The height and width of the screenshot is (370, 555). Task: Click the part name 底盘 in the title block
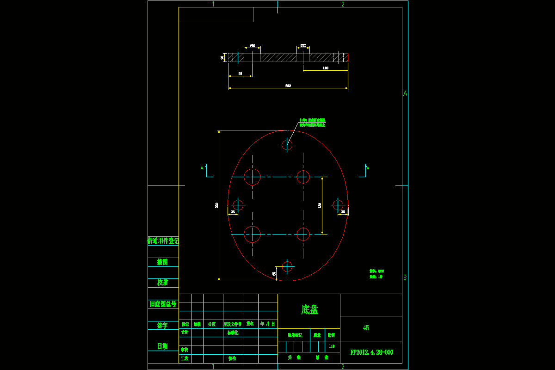(x=309, y=310)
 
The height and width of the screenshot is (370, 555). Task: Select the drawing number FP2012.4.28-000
(x=372, y=352)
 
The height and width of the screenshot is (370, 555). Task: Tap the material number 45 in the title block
(x=366, y=328)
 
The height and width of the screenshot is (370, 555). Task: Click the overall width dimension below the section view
(x=288, y=86)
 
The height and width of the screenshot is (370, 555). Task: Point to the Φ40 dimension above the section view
(x=252, y=45)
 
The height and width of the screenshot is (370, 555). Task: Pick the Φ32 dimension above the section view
(x=303, y=45)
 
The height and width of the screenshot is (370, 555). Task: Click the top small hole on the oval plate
(x=287, y=145)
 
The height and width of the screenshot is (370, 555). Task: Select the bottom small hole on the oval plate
(x=287, y=266)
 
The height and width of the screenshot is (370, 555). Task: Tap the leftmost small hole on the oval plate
(x=238, y=205)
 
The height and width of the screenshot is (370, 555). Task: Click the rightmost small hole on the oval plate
(x=338, y=205)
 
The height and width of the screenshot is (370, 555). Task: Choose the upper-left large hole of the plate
(x=252, y=177)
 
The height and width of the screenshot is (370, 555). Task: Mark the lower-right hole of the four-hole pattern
(x=303, y=234)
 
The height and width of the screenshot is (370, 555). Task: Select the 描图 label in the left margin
(x=162, y=262)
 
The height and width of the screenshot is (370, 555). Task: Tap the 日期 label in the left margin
(x=162, y=346)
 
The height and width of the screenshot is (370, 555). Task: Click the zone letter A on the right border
(x=405, y=93)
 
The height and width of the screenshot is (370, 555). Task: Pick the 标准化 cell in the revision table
(x=233, y=333)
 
